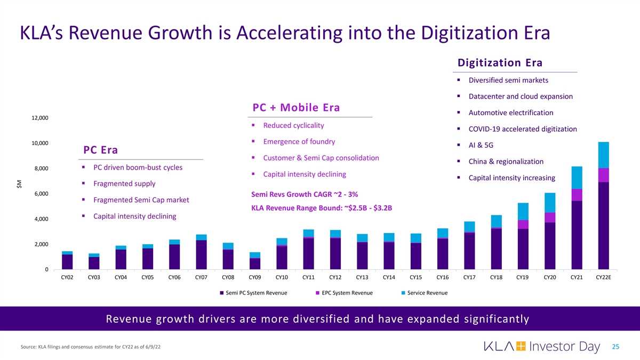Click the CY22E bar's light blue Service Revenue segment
[x=603, y=155]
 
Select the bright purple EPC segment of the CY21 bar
[x=577, y=195]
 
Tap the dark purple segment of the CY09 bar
[x=255, y=263]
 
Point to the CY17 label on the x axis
[x=470, y=277]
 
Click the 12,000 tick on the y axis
[x=40, y=118]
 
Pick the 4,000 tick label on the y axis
[x=42, y=219]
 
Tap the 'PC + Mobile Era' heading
[x=296, y=107]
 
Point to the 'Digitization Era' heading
[x=500, y=62]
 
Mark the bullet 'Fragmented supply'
[x=124, y=183]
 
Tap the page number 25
[x=615, y=347]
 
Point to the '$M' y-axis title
[x=20, y=183]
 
